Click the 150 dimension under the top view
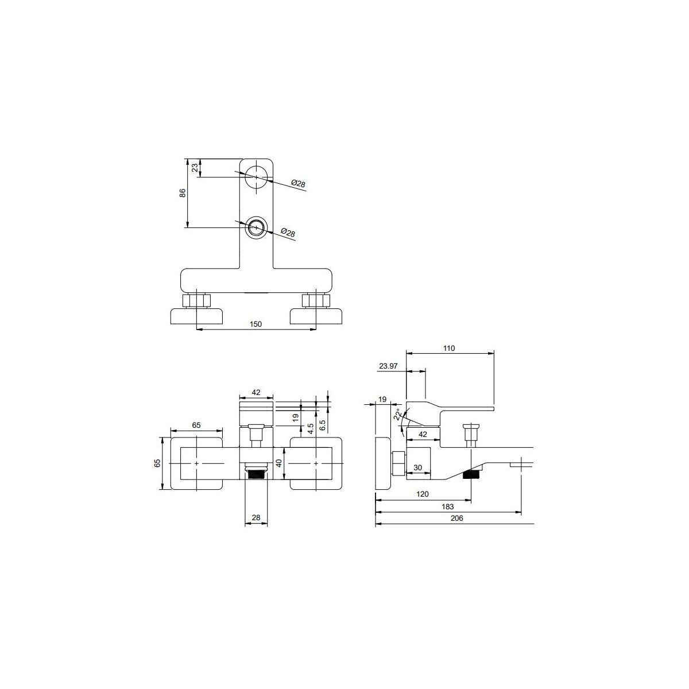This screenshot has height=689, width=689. click(x=256, y=324)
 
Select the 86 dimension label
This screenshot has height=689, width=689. click(x=183, y=193)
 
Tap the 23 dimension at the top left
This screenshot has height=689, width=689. click(x=195, y=168)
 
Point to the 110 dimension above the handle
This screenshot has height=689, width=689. click(x=449, y=349)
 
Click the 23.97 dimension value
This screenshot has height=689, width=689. click(x=388, y=366)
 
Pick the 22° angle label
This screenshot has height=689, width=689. click(x=398, y=416)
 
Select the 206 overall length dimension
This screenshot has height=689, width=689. click(x=457, y=518)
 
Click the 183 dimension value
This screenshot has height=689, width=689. click(x=448, y=506)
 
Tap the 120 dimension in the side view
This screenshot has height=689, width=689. click(x=423, y=494)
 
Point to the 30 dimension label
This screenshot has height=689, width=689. click(x=417, y=468)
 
